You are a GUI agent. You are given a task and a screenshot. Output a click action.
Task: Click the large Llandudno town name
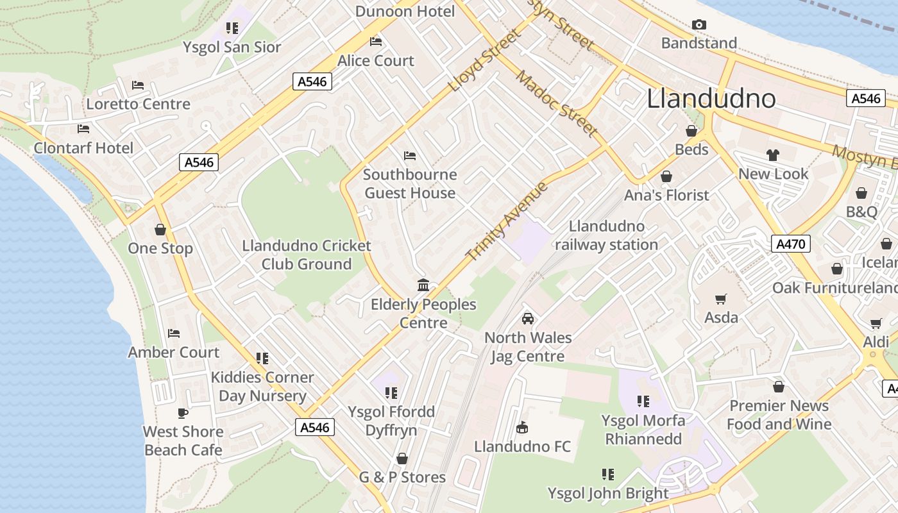pyautogui.click(x=711, y=99)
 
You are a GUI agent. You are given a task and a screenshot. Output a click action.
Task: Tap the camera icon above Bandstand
pyautogui.click(x=699, y=25)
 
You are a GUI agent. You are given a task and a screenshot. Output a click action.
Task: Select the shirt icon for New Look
pyautogui.click(x=772, y=155)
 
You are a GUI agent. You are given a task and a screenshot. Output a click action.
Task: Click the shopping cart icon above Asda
pyautogui.click(x=721, y=299)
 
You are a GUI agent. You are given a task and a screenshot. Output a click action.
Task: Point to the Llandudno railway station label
pyautogui.click(x=606, y=235)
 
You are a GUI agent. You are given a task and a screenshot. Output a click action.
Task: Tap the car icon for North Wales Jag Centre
pyautogui.click(x=527, y=319)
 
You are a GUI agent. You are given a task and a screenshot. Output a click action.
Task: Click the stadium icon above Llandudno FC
pyautogui.click(x=522, y=427)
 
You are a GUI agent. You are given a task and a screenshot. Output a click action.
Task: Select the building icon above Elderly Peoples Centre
pyautogui.click(x=423, y=285)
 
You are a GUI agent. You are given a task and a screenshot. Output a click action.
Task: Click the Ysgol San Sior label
pyautogui.click(x=232, y=47)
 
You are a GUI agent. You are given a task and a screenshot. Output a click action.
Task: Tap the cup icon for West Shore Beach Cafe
pyautogui.click(x=183, y=413)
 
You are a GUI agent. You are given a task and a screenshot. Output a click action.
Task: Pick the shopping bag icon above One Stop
pyautogui.click(x=160, y=230)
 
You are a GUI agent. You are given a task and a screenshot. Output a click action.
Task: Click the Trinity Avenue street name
pyautogui.click(x=507, y=221)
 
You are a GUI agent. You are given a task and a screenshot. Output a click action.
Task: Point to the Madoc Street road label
pyautogui.click(x=556, y=103)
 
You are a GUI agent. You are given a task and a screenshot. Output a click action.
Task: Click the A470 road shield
pyautogui.click(x=791, y=244)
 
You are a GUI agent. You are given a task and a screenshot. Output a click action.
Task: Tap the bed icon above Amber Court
pyautogui.click(x=173, y=333)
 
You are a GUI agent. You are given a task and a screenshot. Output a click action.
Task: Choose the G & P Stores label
pyautogui.click(x=402, y=477)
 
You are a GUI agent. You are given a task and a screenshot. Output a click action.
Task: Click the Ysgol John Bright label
pyautogui.click(x=608, y=493)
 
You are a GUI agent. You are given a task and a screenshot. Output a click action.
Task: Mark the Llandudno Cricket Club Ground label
pyautogui.click(x=307, y=255)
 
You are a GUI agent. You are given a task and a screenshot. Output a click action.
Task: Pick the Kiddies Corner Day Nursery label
pyautogui.click(x=262, y=386)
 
